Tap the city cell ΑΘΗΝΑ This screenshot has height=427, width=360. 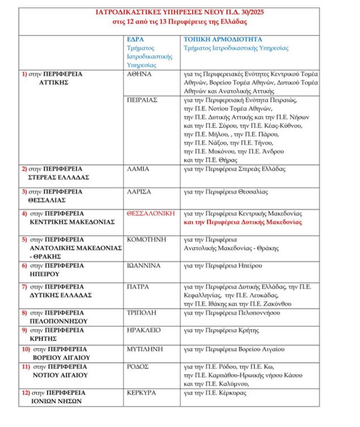tap(139, 74)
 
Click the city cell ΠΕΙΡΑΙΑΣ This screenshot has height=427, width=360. tap(142, 100)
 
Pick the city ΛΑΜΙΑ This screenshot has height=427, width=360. tap(138, 169)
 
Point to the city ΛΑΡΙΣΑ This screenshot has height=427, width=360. tap(139, 191)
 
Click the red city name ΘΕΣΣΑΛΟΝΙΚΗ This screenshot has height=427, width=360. tap(151, 213)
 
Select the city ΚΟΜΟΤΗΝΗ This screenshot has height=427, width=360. tap(146, 239)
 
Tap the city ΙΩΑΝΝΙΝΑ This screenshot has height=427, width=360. tap(144, 265)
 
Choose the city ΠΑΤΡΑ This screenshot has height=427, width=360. tap(138, 287)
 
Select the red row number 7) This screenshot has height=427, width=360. tap(25, 287)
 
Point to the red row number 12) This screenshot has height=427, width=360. tap(26, 392)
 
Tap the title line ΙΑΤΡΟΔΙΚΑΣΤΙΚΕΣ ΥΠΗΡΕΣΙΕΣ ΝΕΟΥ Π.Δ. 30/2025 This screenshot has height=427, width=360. tap(180, 11)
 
